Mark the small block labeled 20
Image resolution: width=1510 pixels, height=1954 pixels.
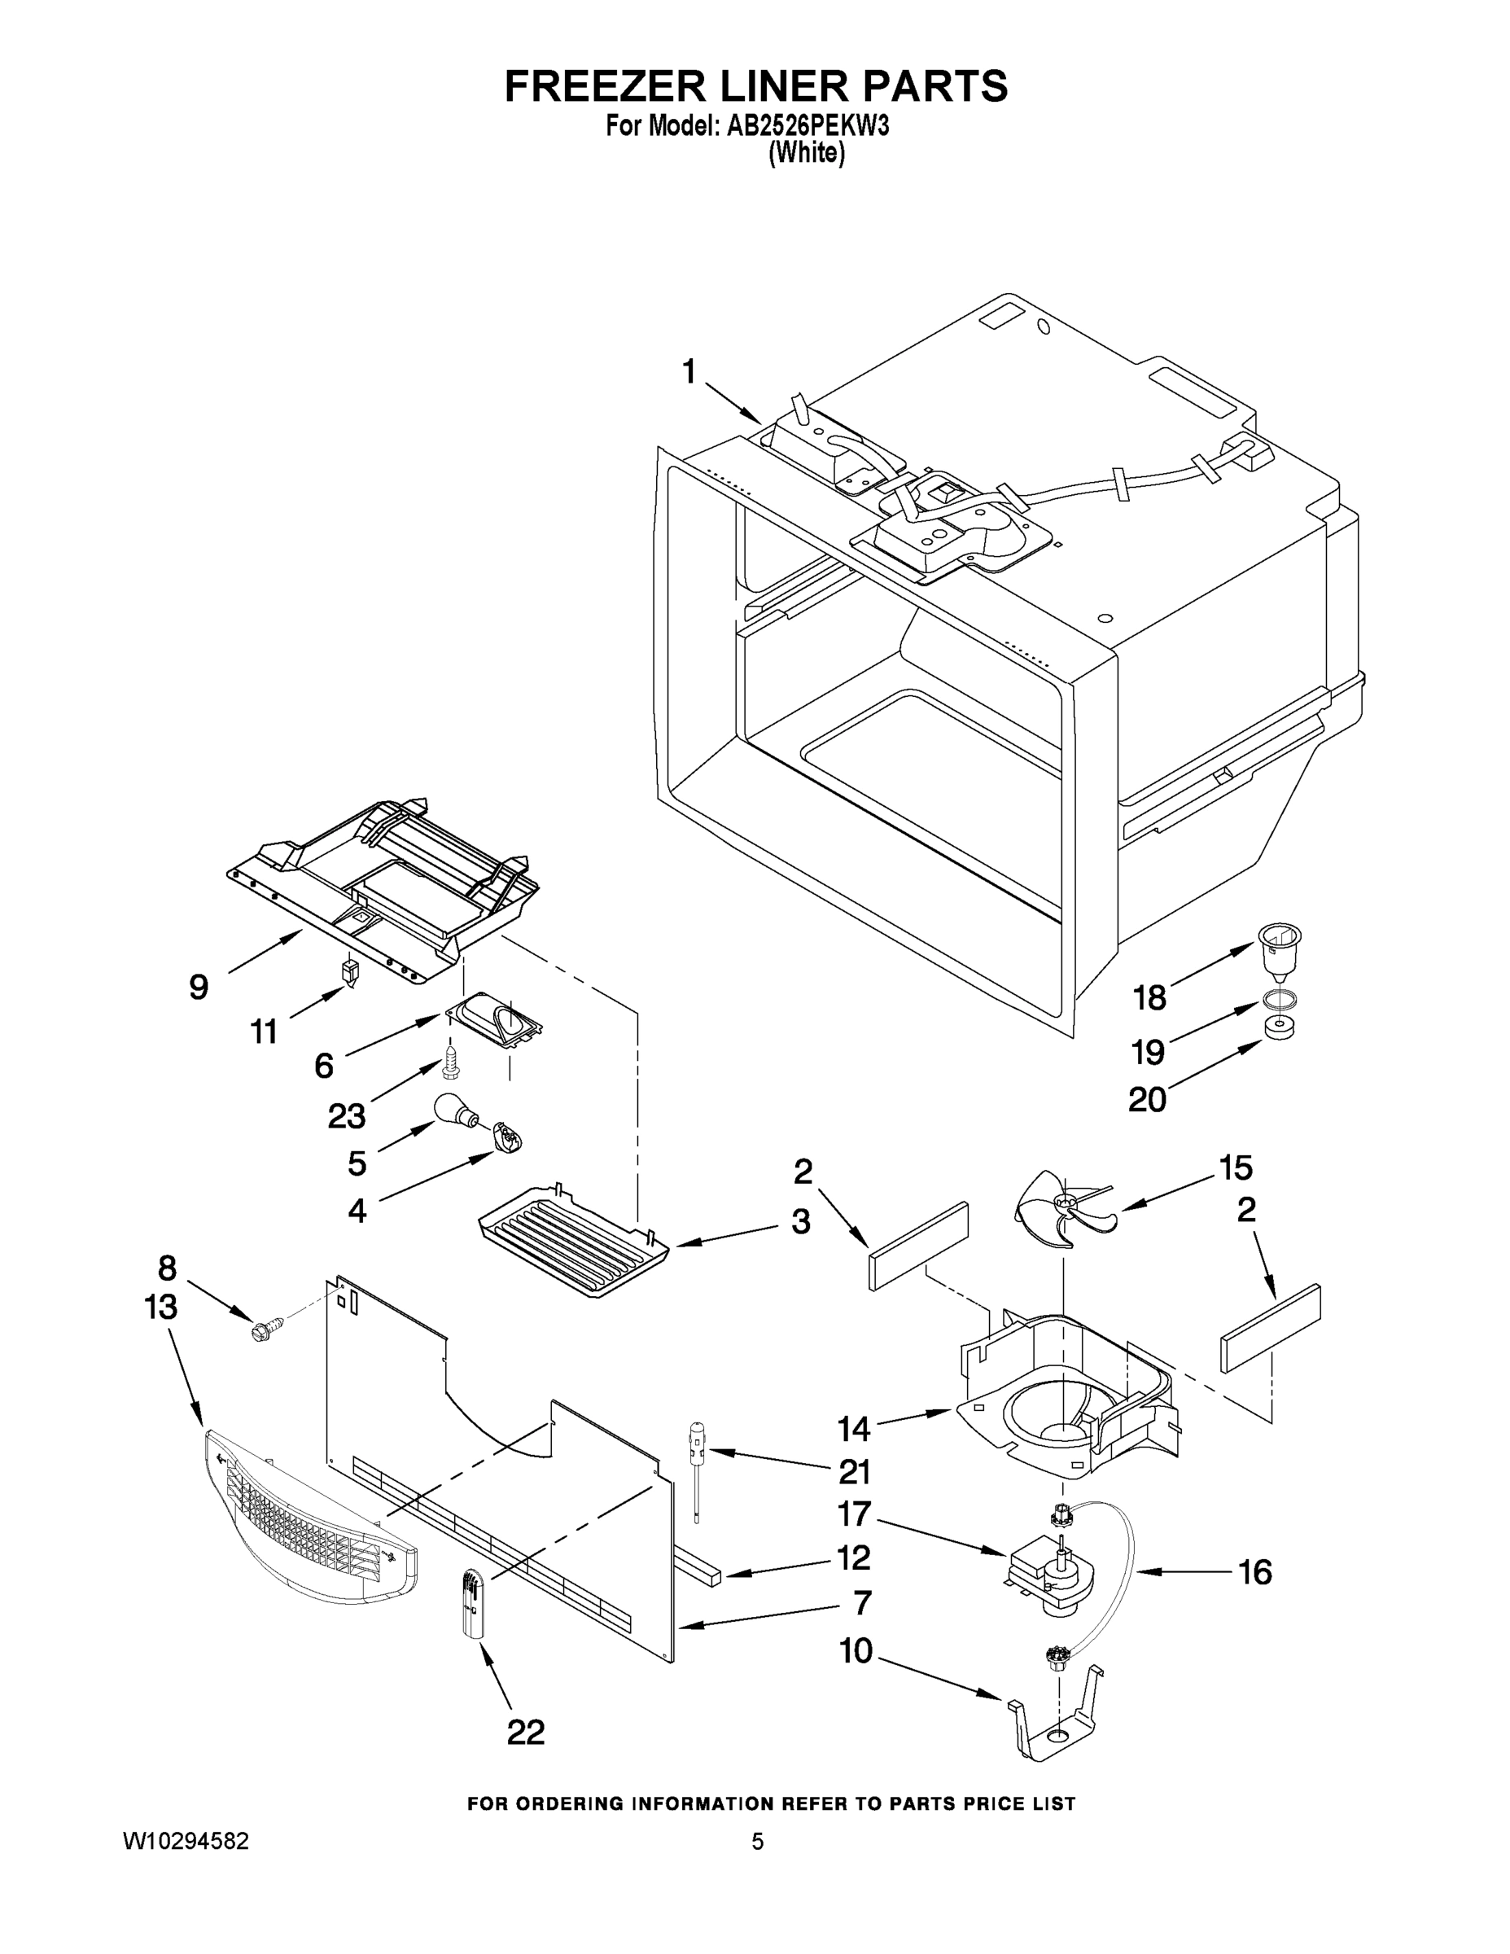pyautogui.click(x=1280, y=1029)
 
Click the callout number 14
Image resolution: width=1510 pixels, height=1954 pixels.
pyautogui.click(x=853, y=1429)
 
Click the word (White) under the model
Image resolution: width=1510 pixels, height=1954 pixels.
pyautogui.click(x=806, y=153)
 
